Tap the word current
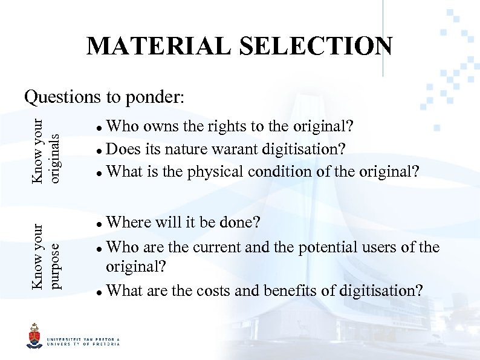click(x=216, y=247)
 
